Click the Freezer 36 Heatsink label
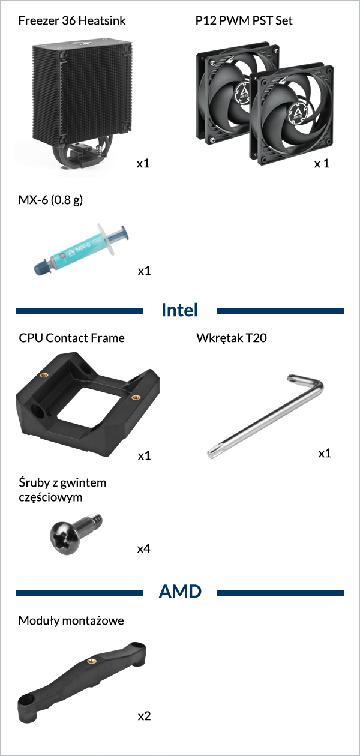(x=72, y=20)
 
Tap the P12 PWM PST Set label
(x=244, y=20)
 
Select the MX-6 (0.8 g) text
(x=50, y=200)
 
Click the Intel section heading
(x=179, y=310)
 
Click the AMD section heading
(x=180, y=592)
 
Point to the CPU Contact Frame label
(x=71, y=338)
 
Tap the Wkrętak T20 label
(x=232, y=338)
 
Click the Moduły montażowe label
(x=71, y=620)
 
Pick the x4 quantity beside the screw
(x=144, y=548)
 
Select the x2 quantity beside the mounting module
(x=144, y=716)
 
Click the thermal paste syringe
(x=82, y=249)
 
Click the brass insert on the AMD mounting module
(x=91, y=661)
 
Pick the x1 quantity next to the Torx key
(x=325, y=453)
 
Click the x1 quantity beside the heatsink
(x=143, y=164)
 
